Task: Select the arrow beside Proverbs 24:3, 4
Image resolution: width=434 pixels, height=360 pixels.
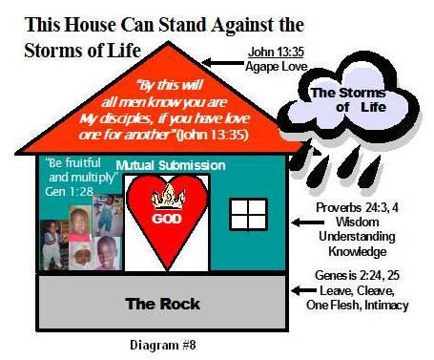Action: pos(304,222)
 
